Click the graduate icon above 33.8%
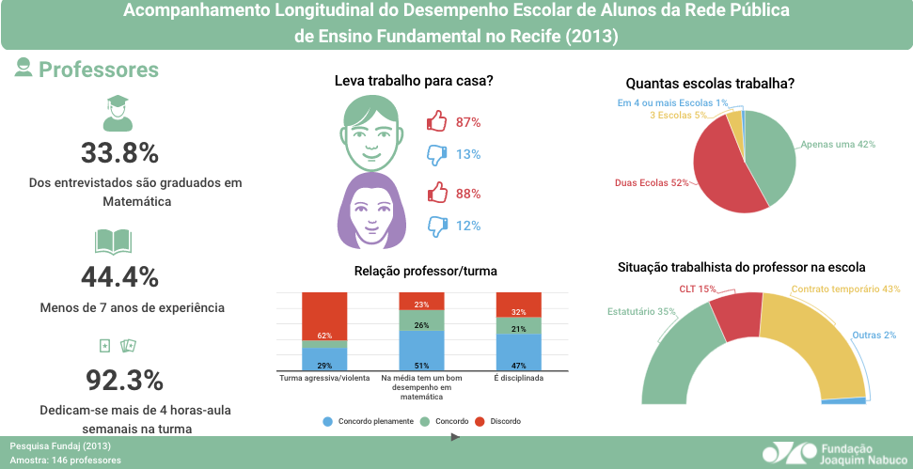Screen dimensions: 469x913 [x=118, y=114]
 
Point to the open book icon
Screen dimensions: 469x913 [x=115, y=242]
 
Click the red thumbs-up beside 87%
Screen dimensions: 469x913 [x=436, y=121]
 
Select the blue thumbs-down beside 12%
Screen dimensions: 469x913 [x=436, y=226]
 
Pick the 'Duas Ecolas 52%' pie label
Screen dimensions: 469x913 [x=652, y=182]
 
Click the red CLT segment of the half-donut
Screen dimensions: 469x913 [x=735, y=314]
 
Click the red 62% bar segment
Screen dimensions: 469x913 [x=324, y=315]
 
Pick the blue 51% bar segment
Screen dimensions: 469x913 [x=421, y=352]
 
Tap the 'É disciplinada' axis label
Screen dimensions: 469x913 [x=519, y=378]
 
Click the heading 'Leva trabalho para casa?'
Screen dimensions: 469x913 [x=414, y=82]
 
